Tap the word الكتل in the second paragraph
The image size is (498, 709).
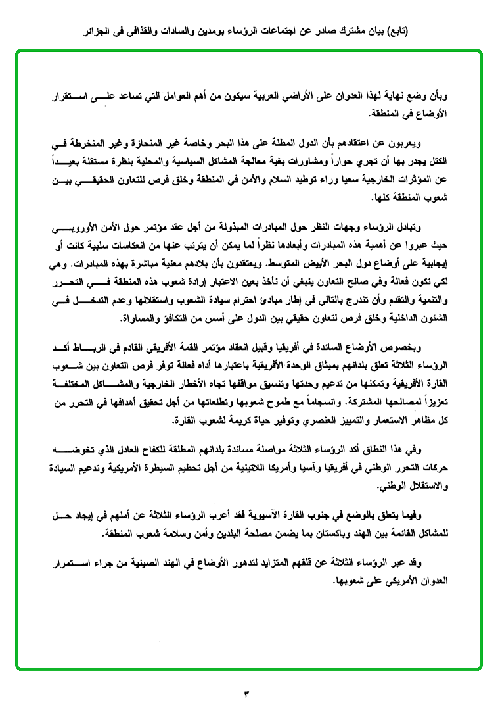point(434,159)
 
